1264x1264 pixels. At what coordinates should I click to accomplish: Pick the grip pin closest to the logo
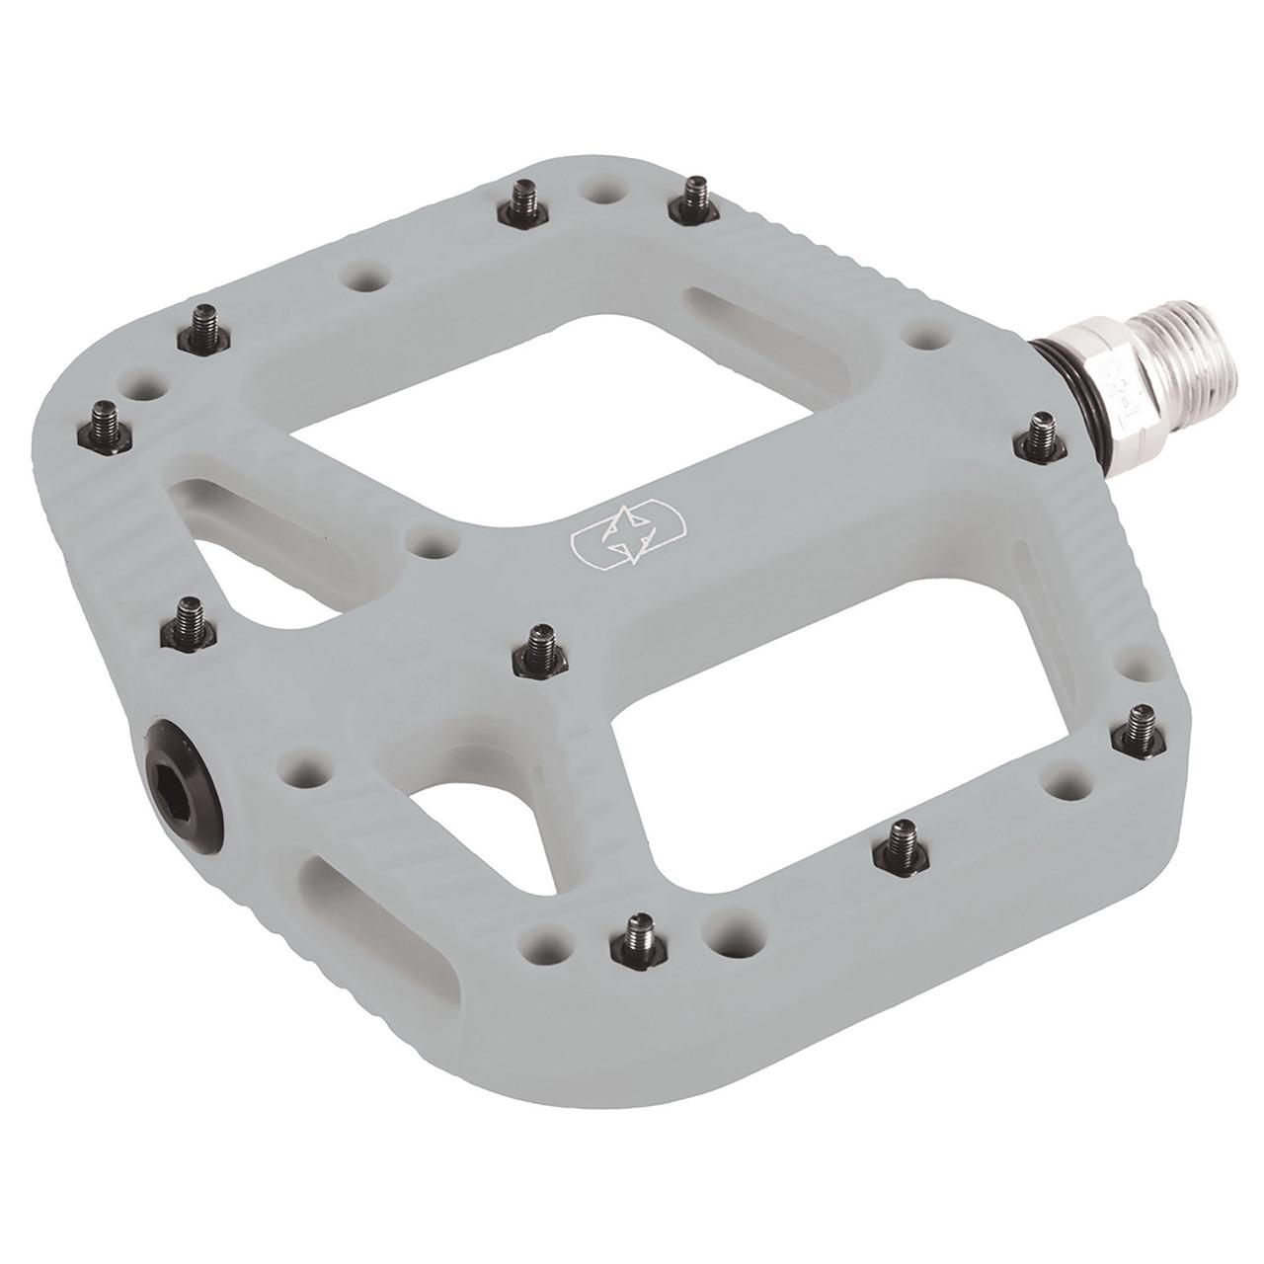coord(539,647)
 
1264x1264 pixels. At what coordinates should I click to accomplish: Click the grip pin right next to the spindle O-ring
coord(1041,437)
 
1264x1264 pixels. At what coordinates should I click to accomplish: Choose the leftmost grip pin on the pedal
coord(104,419)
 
